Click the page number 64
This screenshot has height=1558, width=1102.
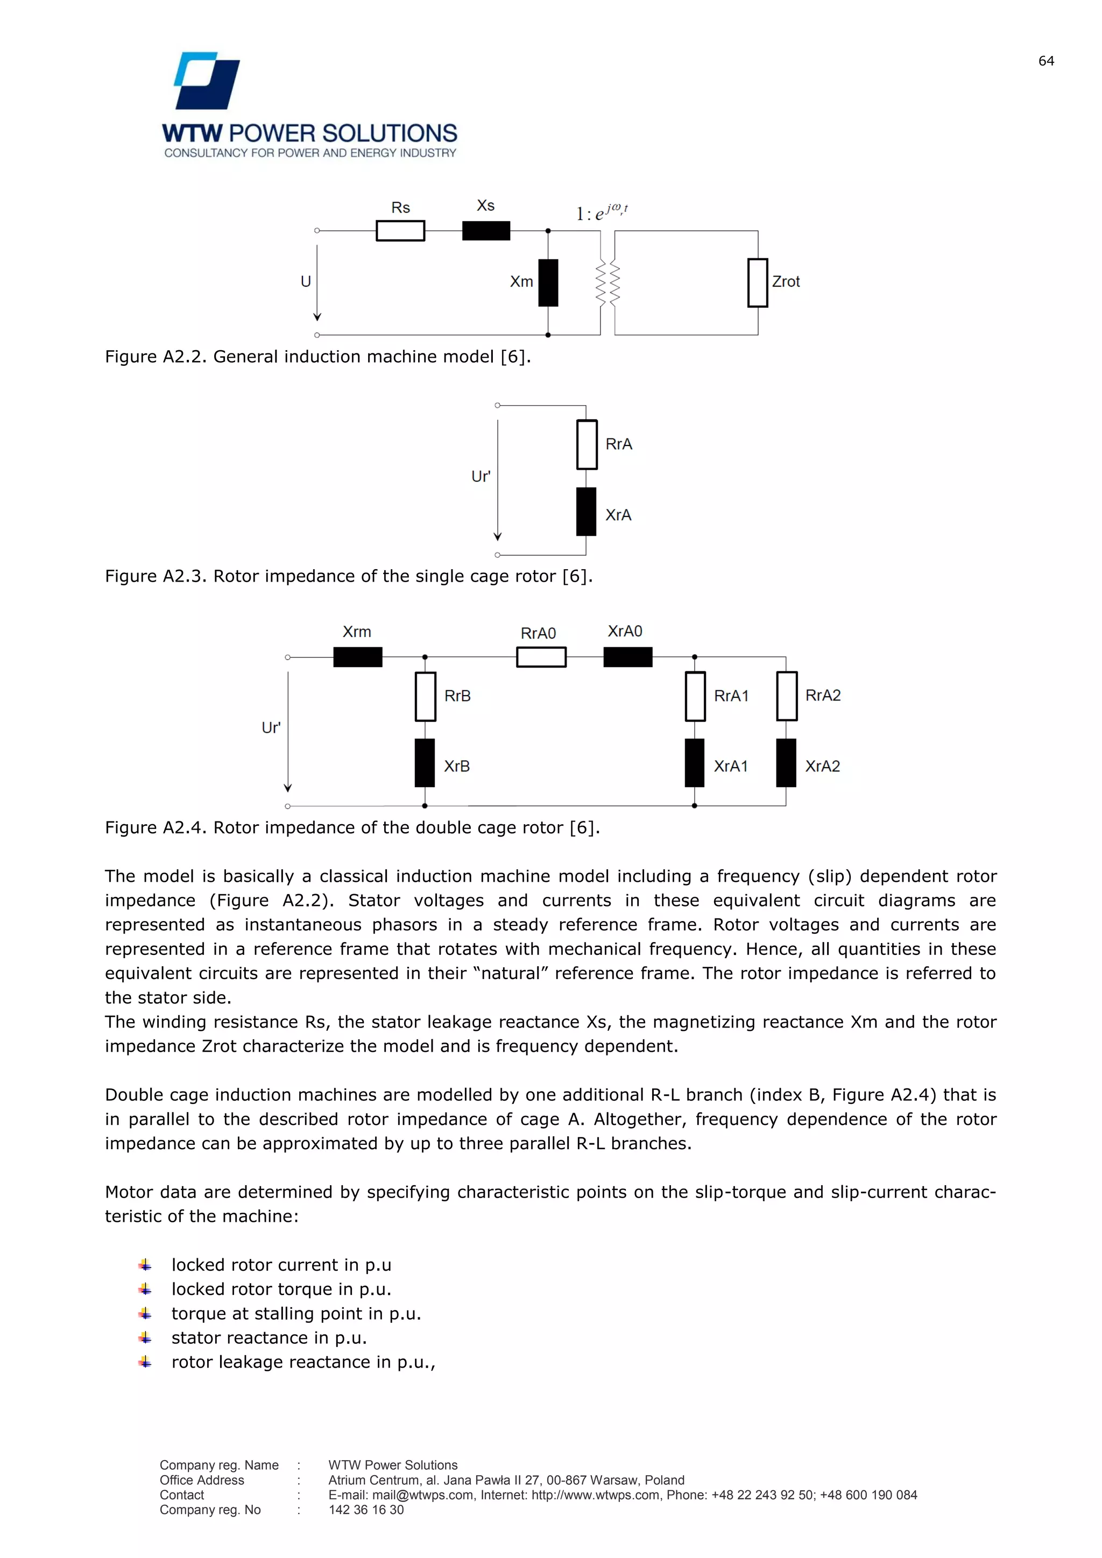[x=1046, y=61]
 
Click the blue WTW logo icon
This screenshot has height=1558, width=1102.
[x=207, y=81]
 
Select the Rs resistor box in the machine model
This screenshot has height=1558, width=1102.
[x=400, y=231]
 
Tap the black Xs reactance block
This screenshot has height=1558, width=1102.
[x=486, y=231]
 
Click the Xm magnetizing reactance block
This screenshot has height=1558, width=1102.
[x=548, y=282]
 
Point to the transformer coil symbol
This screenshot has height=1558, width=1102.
[x=607, y=282]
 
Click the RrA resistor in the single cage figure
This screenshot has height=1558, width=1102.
[x=587, y=444]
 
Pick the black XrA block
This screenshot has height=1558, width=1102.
[x=587, y=512]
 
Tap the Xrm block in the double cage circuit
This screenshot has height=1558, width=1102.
[x=358, y=657]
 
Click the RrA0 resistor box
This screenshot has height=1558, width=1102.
[x=541, y=657]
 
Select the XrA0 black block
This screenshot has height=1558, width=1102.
[x=628, y=657]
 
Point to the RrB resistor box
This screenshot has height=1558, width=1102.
[x=426, y=696]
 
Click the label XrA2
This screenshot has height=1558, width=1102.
[x=822, y=766]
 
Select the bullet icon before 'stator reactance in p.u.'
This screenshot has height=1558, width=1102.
[x=145, y=1337]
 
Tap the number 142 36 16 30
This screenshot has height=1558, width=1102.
[x=366, y=1510]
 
